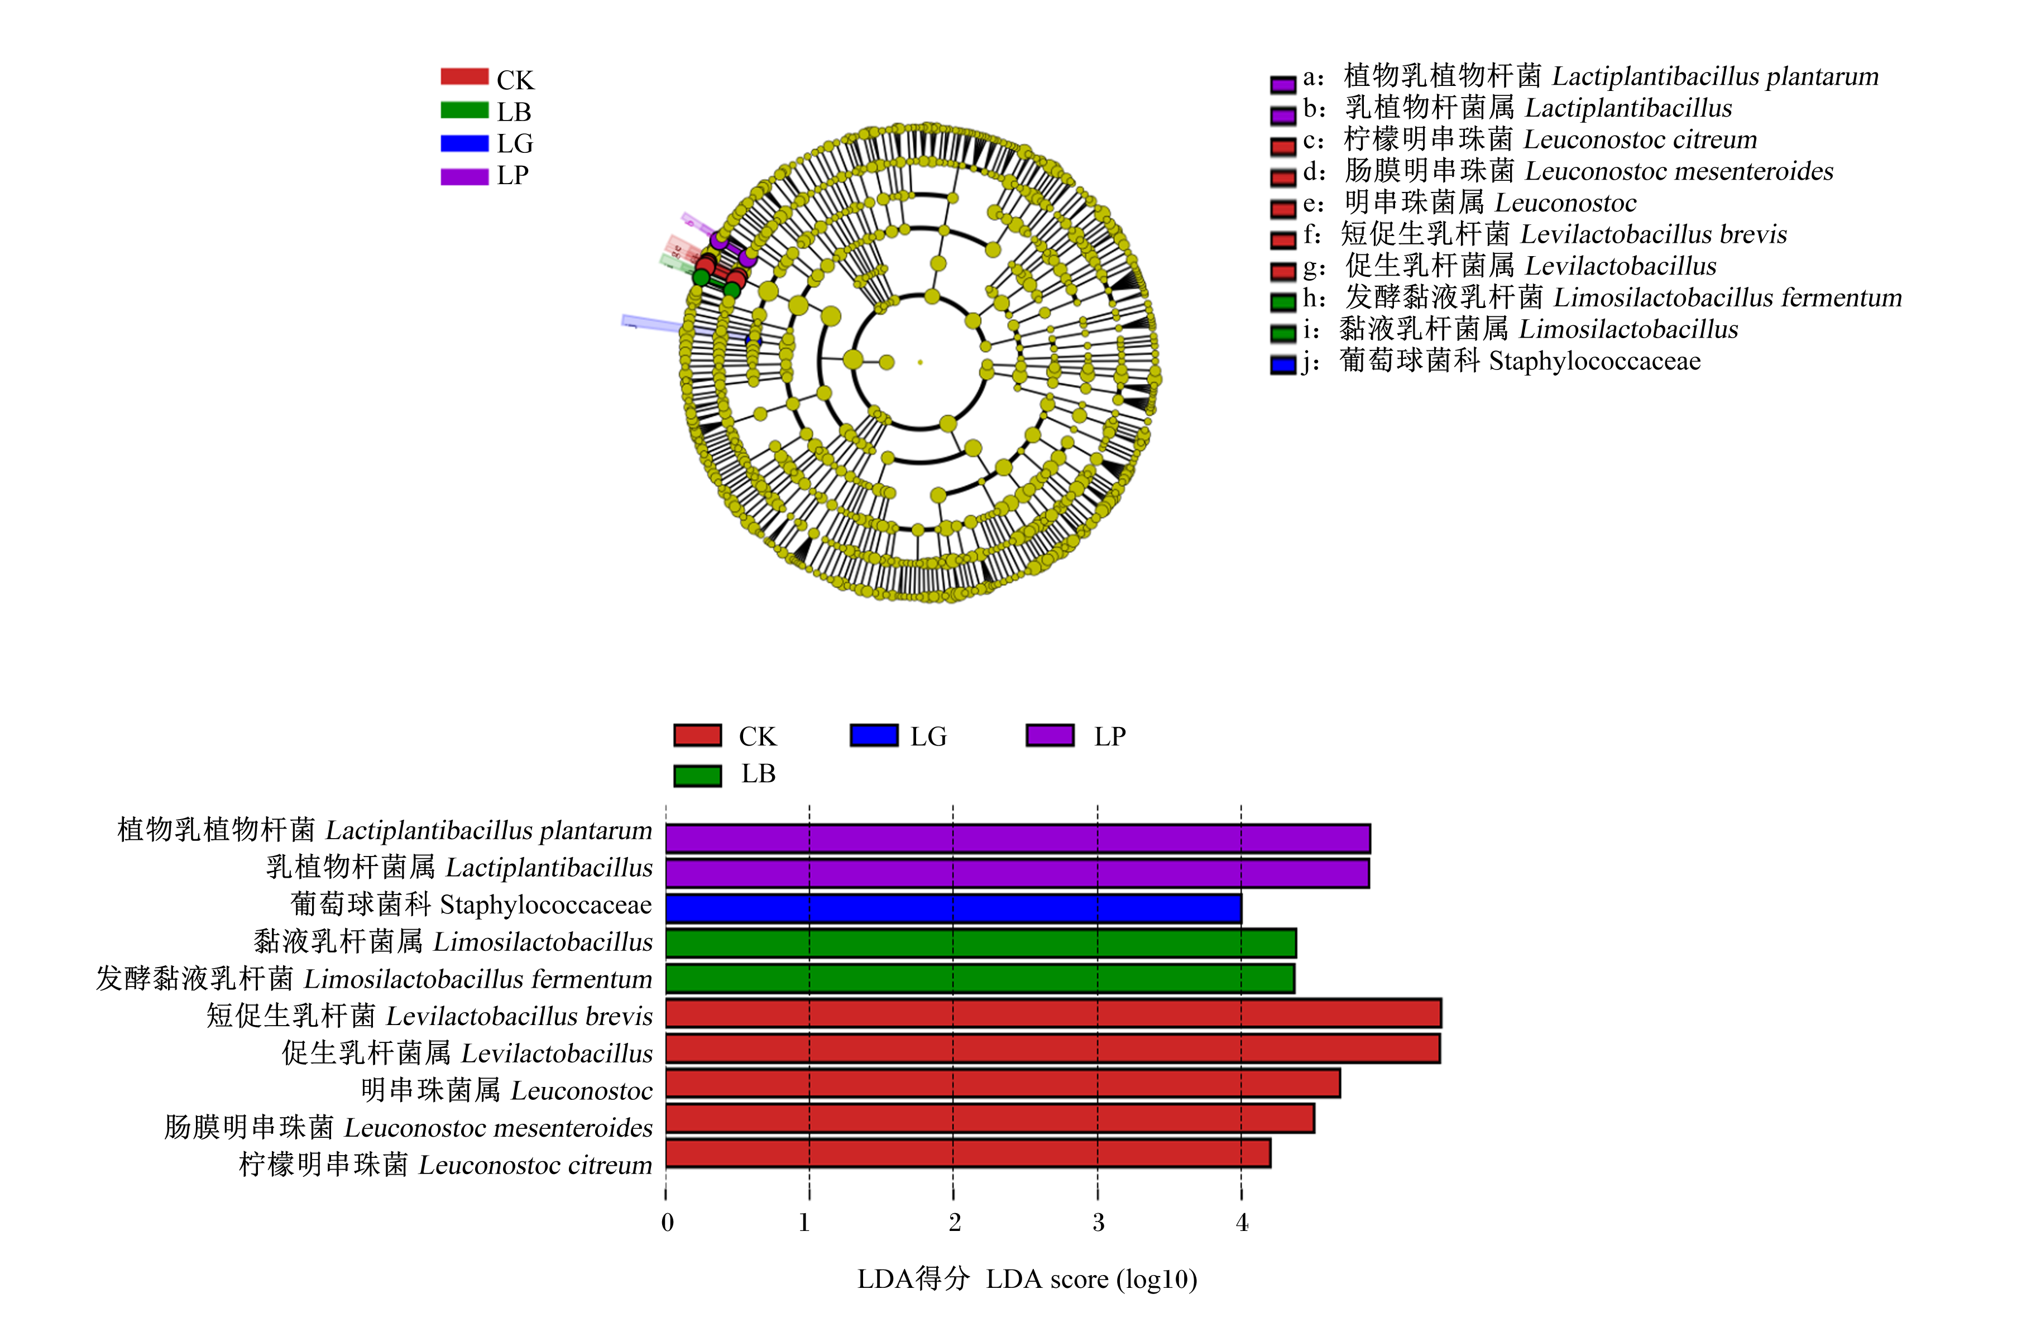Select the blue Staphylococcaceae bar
(x=954, y=908)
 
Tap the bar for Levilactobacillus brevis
(x=1053, y=1013)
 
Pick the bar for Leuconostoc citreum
(x=968, y=1153)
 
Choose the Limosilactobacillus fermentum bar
(x=980, y=978)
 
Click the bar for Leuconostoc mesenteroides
(x=990, y=1118)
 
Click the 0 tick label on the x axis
(x=668, y=1222)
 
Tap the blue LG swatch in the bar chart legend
(x=874, y=735)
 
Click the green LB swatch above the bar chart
(x=697, y=775)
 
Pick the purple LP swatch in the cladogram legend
(x=464, y=176)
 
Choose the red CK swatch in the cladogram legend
(x=464, y=77)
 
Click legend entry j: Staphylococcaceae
(x=1486, y=362)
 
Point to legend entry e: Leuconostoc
(x=1453, y=203)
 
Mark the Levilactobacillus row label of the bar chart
(x=467, y=1053)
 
